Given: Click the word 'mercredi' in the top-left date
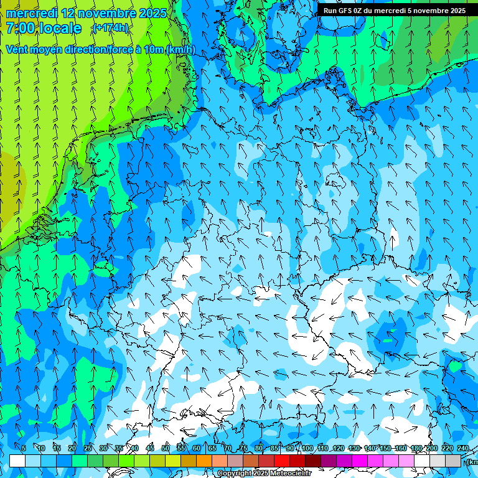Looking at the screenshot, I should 31,13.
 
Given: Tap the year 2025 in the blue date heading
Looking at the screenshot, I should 152,13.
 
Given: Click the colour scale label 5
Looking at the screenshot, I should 24,448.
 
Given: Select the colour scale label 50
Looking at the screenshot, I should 166,448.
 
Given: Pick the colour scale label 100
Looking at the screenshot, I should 307,448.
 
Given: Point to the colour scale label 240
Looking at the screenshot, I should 463,448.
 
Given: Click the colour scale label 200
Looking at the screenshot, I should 431,448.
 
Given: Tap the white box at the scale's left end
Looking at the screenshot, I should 17,461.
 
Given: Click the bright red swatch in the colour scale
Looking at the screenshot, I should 282,461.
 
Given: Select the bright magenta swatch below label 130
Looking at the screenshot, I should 360,461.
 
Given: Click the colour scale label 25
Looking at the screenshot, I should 87,448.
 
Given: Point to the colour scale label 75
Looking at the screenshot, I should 243,448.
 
